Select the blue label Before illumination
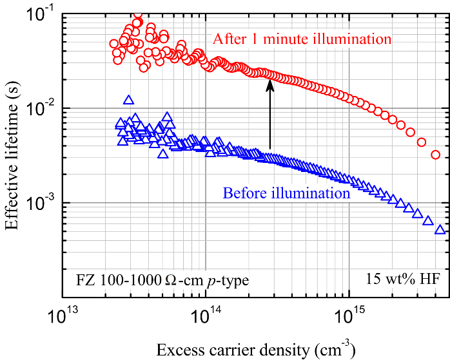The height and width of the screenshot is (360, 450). tap(286, 192)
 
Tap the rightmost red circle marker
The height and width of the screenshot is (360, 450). tap(435, 155)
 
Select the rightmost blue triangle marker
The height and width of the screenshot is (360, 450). tap(440, 229)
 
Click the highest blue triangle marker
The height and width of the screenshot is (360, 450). tap(128, 100)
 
